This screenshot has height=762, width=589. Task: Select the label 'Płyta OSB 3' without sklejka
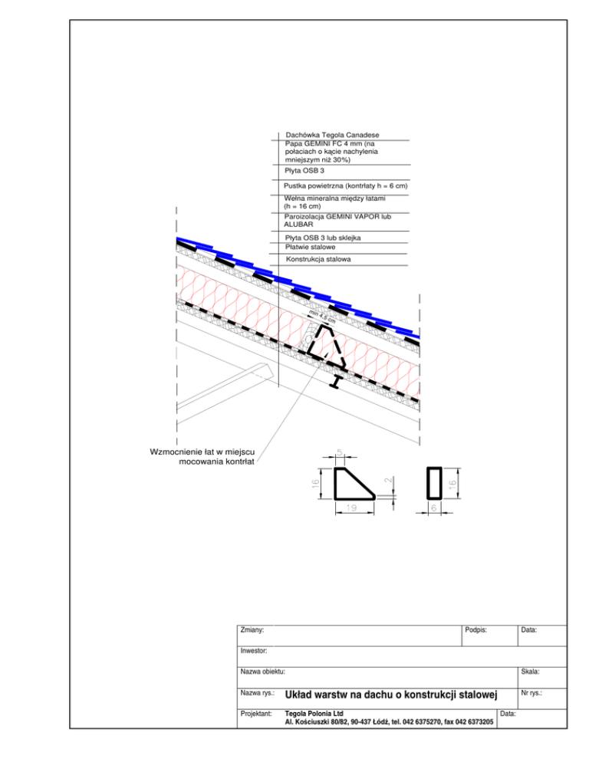tap(304, 171)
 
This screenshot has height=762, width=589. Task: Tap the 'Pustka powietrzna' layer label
tap(344, 186)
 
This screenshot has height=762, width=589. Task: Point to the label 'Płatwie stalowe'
tap(310, 247)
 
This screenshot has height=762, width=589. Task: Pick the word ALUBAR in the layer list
tap(299, 225)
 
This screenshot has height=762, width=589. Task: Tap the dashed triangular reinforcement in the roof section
tap(325, 348)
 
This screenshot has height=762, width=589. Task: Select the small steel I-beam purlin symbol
tap(337, 381)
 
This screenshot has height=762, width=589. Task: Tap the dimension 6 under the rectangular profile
tap(433, 508)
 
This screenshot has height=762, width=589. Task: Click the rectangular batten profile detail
tap(433, 481)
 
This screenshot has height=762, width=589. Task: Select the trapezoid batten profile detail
tap(351, 484)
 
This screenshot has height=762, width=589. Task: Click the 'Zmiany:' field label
tap(253, 630)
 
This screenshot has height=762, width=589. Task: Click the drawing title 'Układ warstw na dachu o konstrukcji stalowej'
tap(391, 695)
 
